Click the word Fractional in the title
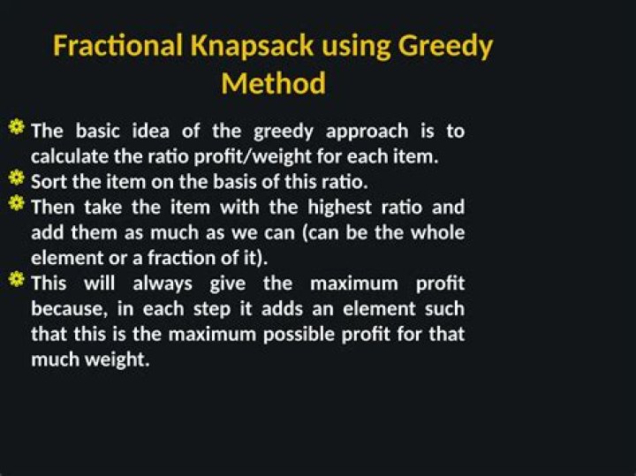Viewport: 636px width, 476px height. tap(117, 45)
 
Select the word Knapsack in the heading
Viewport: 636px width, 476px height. tap(252, 46)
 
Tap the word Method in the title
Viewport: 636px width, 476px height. tap(273, 84)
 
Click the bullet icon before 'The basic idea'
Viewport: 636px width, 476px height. tap(17, 127)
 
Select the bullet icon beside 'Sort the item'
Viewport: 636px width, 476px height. tap(17, 178)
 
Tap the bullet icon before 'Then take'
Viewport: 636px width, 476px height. tap(17, 203)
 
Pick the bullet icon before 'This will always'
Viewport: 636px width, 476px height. tap(17, 279)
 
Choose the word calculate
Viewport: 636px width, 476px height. tap(70, 156)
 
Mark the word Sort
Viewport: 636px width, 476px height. tap(49, 182)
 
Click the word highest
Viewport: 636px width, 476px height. tap(339, 208)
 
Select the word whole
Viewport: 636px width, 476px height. tap(437, 233)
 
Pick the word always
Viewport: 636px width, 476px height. tap(163, 283)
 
